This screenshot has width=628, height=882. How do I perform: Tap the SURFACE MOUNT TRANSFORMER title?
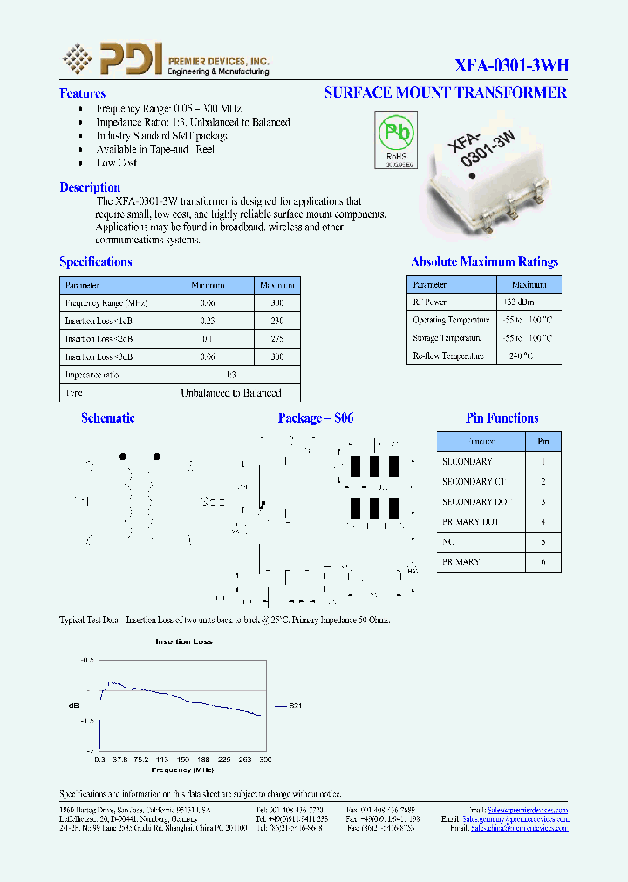(445, 92)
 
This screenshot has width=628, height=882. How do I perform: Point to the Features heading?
(82, 93)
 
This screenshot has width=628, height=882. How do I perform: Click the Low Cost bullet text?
(117, 163)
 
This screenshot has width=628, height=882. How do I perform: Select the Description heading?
(90, 187)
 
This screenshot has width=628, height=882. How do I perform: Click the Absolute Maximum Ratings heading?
(484, 261)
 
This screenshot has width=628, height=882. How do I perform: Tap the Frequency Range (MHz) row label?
(106, 302)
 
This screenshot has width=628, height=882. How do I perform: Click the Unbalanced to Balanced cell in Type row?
(230, 393)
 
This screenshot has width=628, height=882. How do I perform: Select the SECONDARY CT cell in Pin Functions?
(474, 481)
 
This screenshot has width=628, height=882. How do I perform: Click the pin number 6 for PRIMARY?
(543, 562)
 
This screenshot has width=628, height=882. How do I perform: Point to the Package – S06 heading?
(316, 418)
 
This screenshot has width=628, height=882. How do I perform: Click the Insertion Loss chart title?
(184, 641)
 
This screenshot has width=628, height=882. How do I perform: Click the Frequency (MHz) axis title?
(182, 770)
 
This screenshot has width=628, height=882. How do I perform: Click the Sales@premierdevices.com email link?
(527, 810)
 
